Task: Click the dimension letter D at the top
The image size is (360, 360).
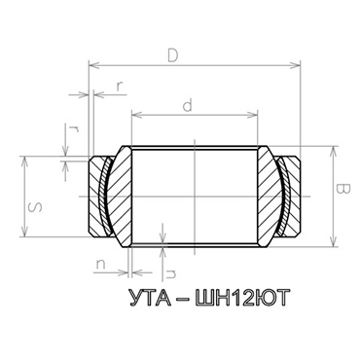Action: click(x=172, y=56)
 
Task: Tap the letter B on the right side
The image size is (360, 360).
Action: click(x=342, y=187)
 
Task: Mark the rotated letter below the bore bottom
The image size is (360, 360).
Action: click(x=171, y=260)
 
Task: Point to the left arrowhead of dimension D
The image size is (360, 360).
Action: click(x=92, y=65)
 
